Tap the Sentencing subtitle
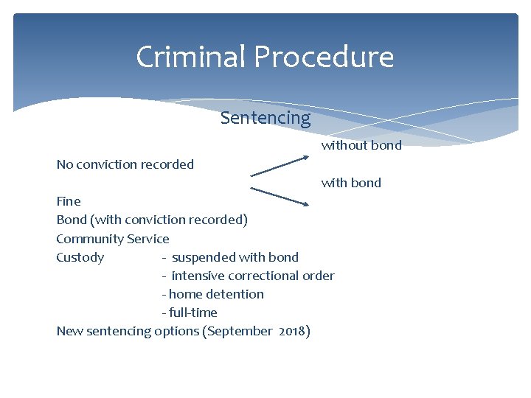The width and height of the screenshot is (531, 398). point(265,118)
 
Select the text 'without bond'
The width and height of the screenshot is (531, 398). point(361,145)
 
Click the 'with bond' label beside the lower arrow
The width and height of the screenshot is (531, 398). point(351,183)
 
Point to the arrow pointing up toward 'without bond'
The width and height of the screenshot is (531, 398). point(279,165)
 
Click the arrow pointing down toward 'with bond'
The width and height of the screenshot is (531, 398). point(279,195)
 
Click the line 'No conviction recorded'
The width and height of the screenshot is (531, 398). point(125,164)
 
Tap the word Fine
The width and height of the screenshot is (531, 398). point(69,201)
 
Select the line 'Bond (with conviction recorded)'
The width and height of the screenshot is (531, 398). point(152,220)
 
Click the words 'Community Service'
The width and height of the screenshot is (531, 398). point(113,239)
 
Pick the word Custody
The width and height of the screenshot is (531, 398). point(80,257)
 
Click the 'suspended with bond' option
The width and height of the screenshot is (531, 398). point(235,257)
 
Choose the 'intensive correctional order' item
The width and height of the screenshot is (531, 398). point(252,276)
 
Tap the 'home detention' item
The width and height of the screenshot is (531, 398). point(216,294)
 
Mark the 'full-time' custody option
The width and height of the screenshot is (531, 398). point(192,313)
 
